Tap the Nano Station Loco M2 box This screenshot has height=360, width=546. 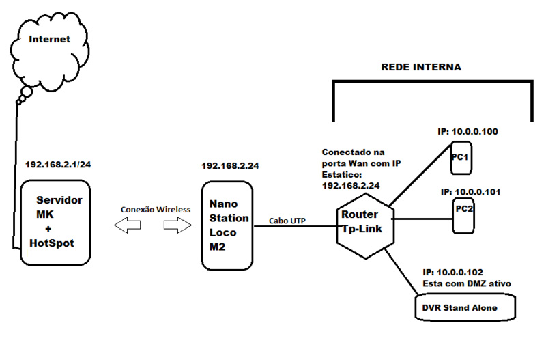tap(226, 225)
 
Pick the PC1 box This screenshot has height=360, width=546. tap(461, 158)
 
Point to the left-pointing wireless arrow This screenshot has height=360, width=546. tap(126, 225)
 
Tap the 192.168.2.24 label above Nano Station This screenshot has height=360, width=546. tap(230, 165)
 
